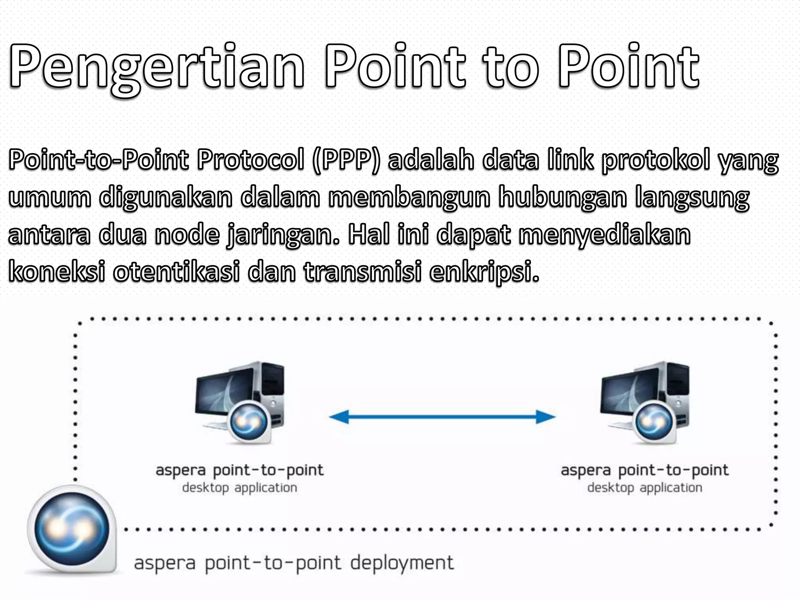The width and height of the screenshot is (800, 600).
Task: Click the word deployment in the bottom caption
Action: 402,563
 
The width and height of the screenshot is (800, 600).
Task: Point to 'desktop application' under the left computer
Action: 239,487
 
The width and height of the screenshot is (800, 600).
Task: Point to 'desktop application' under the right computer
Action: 645,487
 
